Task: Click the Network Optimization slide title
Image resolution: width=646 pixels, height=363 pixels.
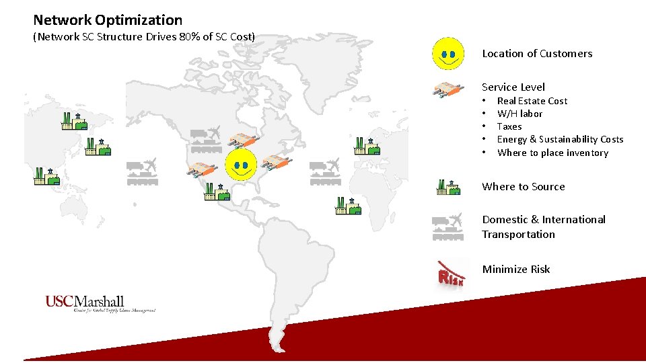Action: tap(108, 20)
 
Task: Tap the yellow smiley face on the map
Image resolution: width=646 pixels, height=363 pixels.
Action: tap(241, 165)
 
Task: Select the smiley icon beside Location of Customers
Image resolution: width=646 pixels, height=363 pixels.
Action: tap(447, 53)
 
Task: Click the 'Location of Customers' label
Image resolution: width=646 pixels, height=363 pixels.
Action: tap(537, 54)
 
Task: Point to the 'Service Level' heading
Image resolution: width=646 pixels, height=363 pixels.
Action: tap(513, 87)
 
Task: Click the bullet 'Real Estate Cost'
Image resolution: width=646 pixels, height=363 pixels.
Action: tap(532, 101)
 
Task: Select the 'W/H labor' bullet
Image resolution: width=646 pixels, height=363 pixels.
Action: tap(519, 114)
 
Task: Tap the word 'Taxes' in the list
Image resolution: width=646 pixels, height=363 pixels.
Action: tap(509, 126)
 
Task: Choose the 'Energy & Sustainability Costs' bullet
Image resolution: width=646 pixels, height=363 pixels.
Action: tap(560, 139)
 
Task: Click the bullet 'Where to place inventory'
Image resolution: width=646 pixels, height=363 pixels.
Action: tap(552, 153)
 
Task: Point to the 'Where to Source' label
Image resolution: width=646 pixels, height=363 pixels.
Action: tap(523, 187)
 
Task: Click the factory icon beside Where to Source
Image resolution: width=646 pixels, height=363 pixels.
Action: tap(448, 187)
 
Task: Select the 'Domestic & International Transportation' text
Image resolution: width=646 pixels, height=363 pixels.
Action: tap(543, 227)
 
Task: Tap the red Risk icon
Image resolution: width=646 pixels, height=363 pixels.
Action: tap(450, 273)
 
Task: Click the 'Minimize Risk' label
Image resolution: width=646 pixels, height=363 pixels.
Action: tap(515, 270)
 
